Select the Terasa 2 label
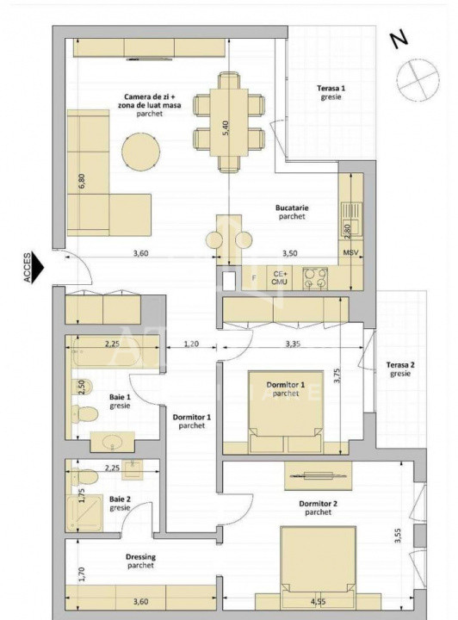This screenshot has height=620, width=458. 400,369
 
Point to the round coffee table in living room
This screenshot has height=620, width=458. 140,152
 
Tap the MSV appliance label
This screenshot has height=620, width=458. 350,253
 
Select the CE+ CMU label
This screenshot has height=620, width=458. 279,276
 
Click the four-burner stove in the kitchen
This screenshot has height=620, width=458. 315,276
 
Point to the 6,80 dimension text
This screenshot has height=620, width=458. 81,182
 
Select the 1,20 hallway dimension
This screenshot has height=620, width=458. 191,344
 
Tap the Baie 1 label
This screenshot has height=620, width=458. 120,401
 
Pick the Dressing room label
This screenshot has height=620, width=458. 137,561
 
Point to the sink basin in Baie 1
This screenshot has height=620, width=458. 112,443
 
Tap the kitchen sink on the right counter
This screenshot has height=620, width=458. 350,211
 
